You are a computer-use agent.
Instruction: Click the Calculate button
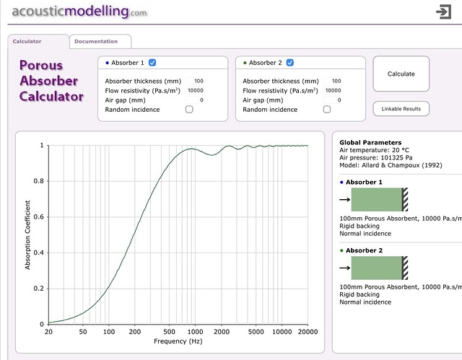[x=401, y=74]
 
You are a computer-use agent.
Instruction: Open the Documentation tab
[x=100, y=42]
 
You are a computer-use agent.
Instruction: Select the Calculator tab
[x=27, y=42]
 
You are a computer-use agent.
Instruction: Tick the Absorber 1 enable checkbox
[x=152, y=63]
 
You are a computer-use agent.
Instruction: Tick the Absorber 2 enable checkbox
[x=290, y=63]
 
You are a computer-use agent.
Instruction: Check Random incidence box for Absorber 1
[x=189, y=110]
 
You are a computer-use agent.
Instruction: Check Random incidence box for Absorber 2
[x=327, y=110]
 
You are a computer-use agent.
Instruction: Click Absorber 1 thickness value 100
[x=199, y=82]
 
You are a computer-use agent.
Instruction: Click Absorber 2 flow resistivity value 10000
[x=333, y=91]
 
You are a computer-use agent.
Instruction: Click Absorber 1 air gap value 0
[x=201, y=100]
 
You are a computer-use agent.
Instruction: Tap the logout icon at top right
[x=443, y=12]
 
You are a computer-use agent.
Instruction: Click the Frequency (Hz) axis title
[x=178, y=341]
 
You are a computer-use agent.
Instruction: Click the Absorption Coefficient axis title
[x=28, y=234]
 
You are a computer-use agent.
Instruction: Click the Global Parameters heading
[x=370, y=143]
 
